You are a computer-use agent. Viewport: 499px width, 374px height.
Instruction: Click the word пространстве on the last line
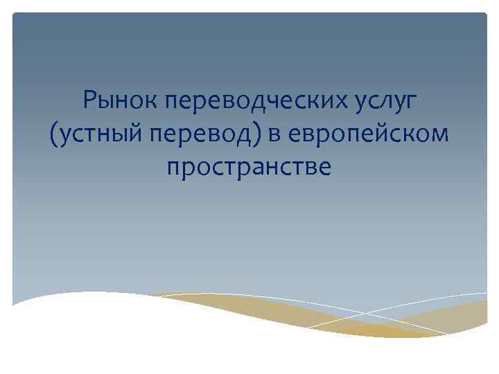[249, 168]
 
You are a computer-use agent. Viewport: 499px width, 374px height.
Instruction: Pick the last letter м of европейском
[441, 134]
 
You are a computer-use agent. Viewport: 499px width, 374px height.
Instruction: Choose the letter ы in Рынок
[105, 104]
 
